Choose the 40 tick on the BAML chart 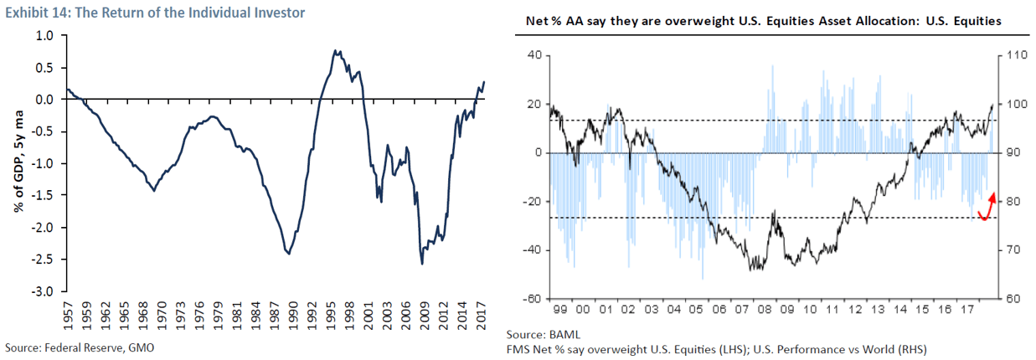tap(535, 56)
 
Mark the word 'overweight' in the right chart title tap(679, 22)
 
